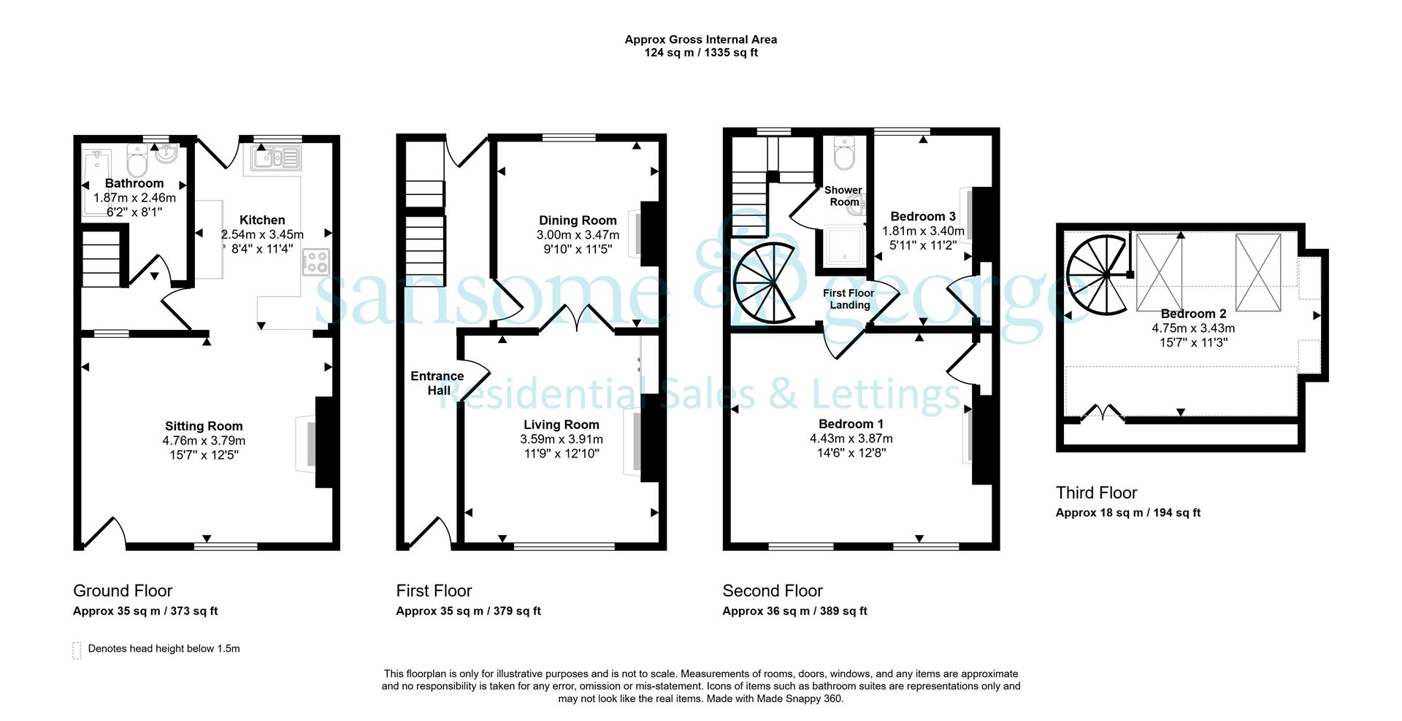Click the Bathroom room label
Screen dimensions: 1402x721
(134, 183)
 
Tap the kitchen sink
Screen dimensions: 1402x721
(275, 158)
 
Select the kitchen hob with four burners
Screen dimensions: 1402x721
(316, 262)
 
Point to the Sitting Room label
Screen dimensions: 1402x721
(204, 426)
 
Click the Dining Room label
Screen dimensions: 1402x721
(578, 220)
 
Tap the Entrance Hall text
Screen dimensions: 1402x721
(437, 383)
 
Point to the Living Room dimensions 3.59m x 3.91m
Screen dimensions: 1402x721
(562, 439)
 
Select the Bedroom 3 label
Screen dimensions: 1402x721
(923, 216)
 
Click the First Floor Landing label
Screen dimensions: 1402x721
(849, 299)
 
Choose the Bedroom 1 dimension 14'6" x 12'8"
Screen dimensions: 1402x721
(851, 452)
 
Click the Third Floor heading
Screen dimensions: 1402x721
(1096, 493)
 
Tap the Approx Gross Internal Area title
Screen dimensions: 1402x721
(701, 39)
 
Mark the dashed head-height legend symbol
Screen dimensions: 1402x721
(77, 650)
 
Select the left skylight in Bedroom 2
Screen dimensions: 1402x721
(1159, 271)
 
